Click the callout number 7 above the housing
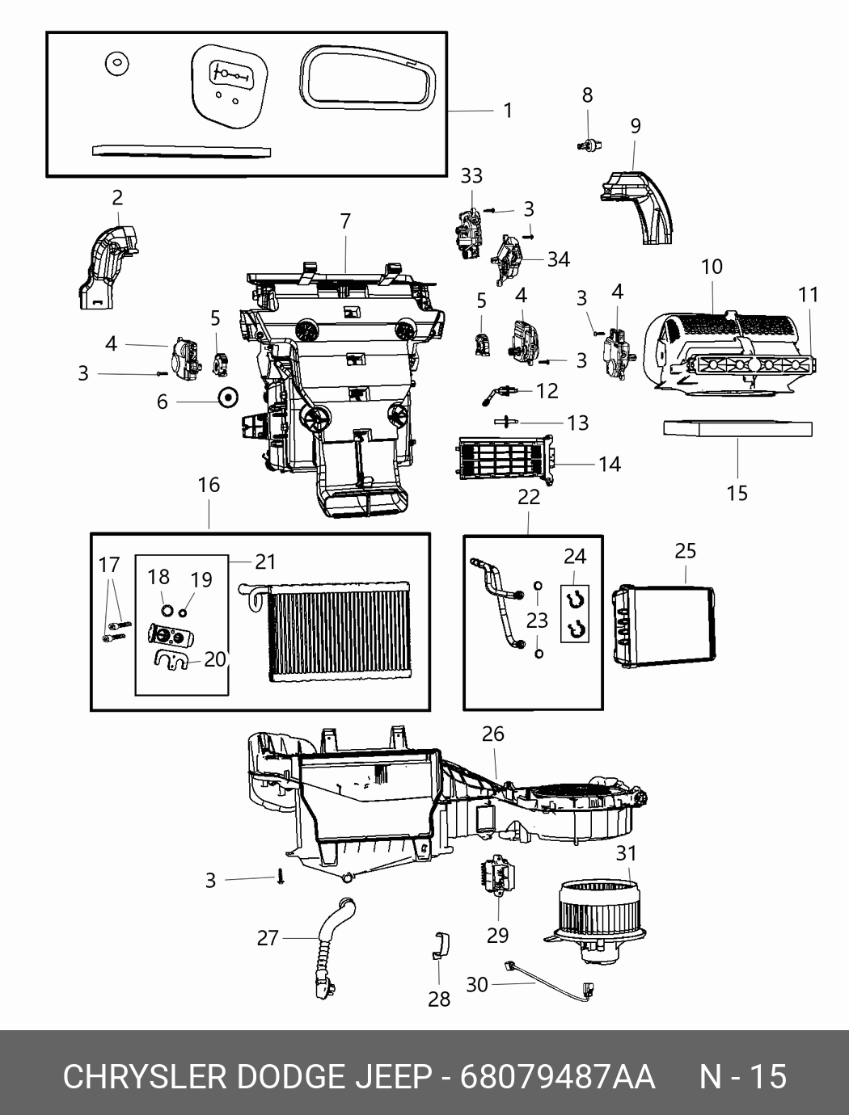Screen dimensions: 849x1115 (345, 221)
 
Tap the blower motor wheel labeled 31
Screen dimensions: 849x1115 (595, 919)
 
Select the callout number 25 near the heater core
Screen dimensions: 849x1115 (685, 551)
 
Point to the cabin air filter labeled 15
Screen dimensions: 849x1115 (737, 428)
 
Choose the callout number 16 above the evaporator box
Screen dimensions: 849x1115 (209, 485)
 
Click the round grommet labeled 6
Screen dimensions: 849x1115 (228, 396)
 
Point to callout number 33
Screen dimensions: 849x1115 (471, 176)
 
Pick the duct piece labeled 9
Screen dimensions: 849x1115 (636, 208)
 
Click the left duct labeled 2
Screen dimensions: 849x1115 (109, 268)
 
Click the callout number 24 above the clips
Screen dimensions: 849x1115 (574, 556)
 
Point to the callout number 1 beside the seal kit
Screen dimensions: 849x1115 (507, 110)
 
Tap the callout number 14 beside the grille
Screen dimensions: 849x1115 (610, 464)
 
